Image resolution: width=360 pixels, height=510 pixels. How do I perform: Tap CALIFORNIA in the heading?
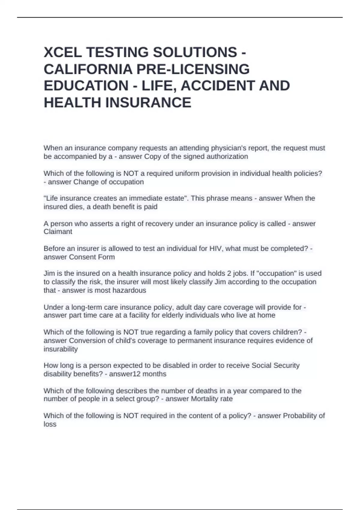point(88,69)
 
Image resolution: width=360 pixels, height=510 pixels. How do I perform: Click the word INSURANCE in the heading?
point(148,102)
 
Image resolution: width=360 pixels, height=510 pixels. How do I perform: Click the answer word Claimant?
point(58,232)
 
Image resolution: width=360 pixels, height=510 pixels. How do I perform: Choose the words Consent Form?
point(92,257)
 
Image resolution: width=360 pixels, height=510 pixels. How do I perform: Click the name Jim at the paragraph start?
point(49,273)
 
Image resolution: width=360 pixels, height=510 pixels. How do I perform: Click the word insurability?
point(61,349)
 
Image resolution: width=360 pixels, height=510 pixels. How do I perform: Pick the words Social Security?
point(275,365)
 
